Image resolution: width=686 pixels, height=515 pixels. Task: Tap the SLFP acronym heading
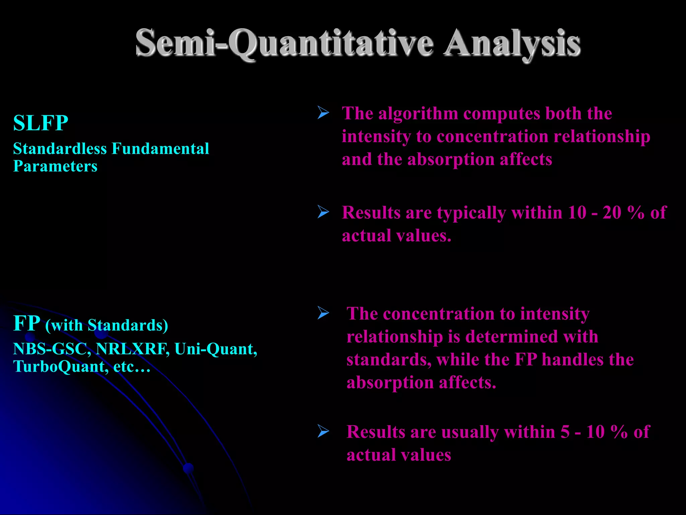click(41, 123)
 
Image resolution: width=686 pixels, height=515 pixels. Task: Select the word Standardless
click(60, 149)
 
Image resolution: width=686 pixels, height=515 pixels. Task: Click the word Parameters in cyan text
click(55, 166)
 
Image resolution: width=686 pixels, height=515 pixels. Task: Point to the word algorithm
click(418, 113)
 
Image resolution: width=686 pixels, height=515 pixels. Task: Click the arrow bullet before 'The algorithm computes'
click(323, 113)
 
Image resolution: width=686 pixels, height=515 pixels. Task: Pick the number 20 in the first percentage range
click(612, 213)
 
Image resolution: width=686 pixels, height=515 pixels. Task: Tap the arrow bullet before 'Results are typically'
click(323, 212)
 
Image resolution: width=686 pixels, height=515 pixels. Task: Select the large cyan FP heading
click(26, 324)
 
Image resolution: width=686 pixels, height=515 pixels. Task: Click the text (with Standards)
click(107, 325)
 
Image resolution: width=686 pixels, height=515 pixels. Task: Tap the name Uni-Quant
click(215, 349)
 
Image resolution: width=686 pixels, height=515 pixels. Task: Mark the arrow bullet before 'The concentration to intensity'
click(323, 313)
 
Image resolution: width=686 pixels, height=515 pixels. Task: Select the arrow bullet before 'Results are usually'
click(323, 431)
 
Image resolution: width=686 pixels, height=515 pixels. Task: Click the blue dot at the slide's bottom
click(189, 468)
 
